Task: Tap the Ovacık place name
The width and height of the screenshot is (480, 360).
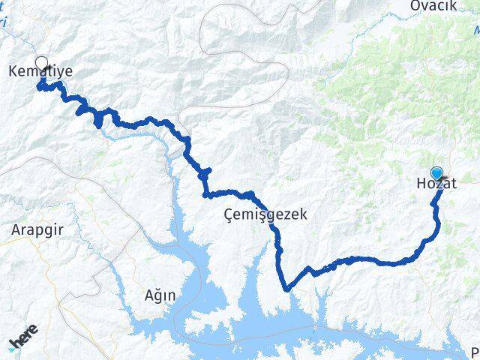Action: tap(433, 6)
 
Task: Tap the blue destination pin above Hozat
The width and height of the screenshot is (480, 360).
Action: tap(436, 172)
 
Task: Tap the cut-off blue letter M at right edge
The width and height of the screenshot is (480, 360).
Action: tap(476, 30)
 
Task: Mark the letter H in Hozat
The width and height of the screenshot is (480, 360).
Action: tap(420, 182)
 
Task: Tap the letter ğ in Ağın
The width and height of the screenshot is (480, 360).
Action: tap(158, 296)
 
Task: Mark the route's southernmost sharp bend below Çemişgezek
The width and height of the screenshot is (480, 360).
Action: tap(286, 287)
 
